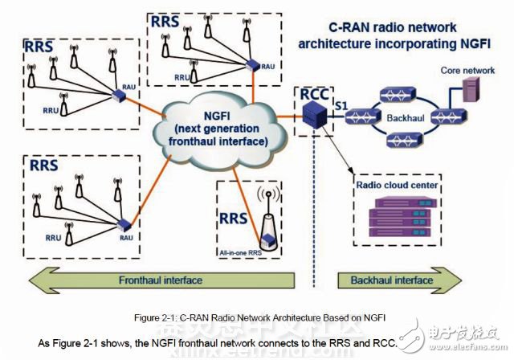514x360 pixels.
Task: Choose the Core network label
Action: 467,71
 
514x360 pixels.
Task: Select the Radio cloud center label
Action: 397,186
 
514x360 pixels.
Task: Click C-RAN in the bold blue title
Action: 351,28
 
